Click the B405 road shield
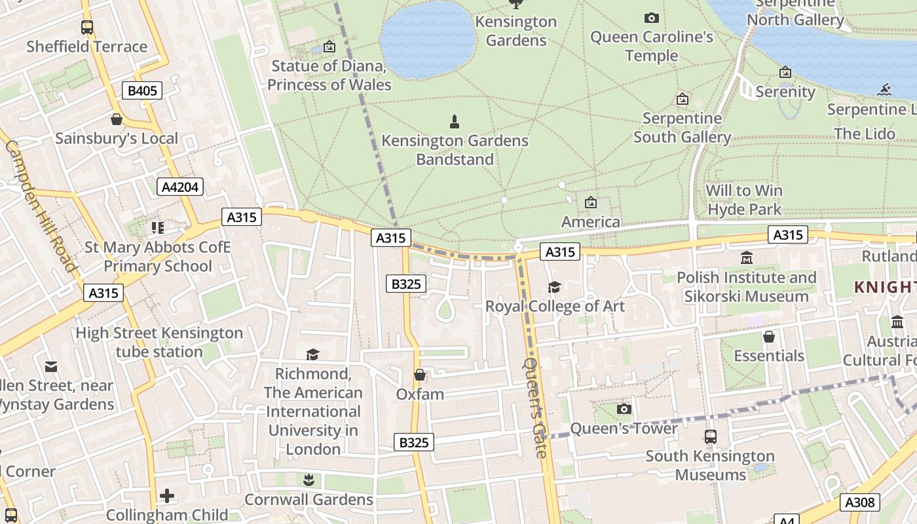tap(142, 90)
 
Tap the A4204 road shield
tap(180, 187)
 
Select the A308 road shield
tap(859, 502)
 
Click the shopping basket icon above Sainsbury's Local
tap(117, 119)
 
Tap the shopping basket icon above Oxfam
tap(420, 375)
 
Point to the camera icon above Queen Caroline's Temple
tap(651, 18)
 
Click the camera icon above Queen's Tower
tap(624, 409)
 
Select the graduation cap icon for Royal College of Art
tap(554, 287)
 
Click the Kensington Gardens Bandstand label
tap(455, 150)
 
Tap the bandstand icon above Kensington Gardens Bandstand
tap(455, 121)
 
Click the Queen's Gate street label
tap(534, 407)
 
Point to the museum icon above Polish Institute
tap(746, 258)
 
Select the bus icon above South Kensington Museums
tap(711, 437)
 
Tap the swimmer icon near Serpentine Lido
tap(886, 90)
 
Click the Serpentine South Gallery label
tap(682, 128)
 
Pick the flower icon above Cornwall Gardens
tap(309, 480)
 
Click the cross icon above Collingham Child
tap(167, 496)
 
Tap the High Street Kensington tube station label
tap(159, 342)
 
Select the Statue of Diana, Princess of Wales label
tap(329, 75)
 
